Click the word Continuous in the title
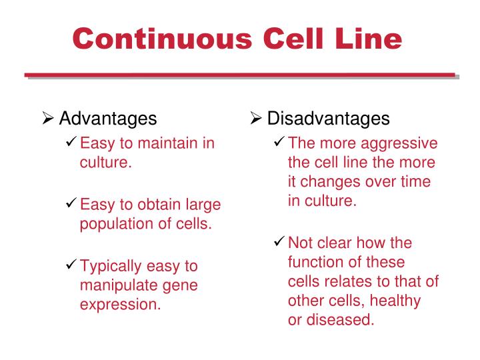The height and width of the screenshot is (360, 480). point(163,39)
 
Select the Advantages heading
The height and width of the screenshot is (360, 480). point(108,119)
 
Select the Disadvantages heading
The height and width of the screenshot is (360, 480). point(328,119)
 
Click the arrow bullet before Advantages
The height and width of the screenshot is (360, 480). point(48,119)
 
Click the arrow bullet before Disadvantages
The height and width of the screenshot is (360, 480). point(256,119)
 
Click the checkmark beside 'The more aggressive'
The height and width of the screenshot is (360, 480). point(280,143)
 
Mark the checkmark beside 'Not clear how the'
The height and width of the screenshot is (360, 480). point(280,243)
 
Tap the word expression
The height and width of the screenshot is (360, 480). point(120,305)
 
